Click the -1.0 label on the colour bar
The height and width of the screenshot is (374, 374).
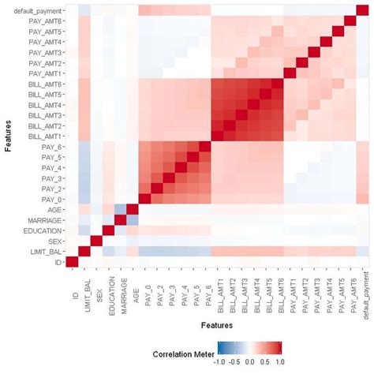point(226,362)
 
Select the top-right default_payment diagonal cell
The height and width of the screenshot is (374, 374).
point(364,10)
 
